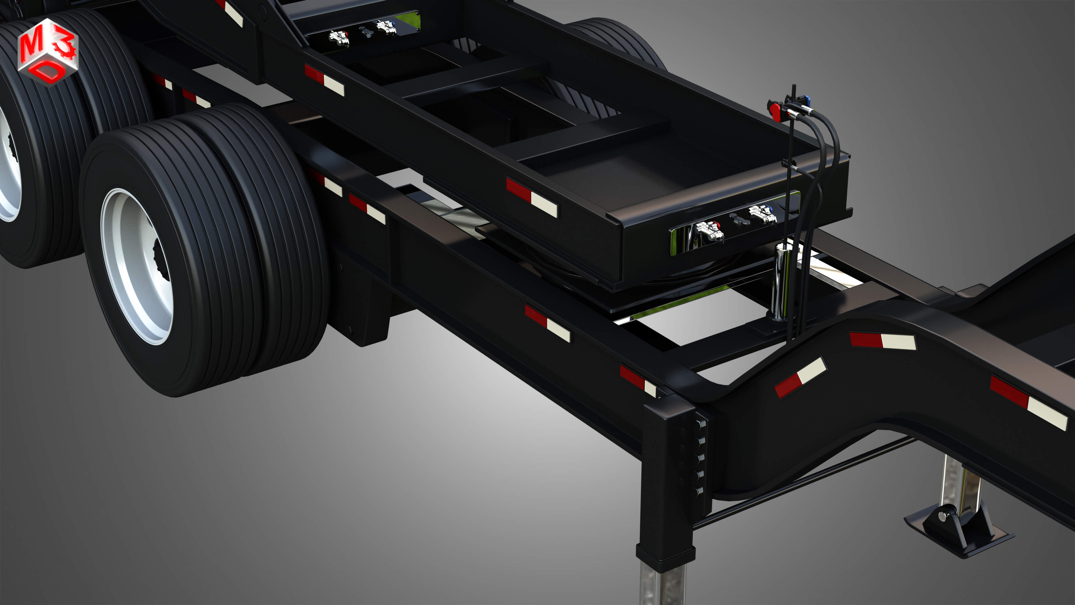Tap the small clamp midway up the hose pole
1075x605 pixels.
[789, 163]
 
